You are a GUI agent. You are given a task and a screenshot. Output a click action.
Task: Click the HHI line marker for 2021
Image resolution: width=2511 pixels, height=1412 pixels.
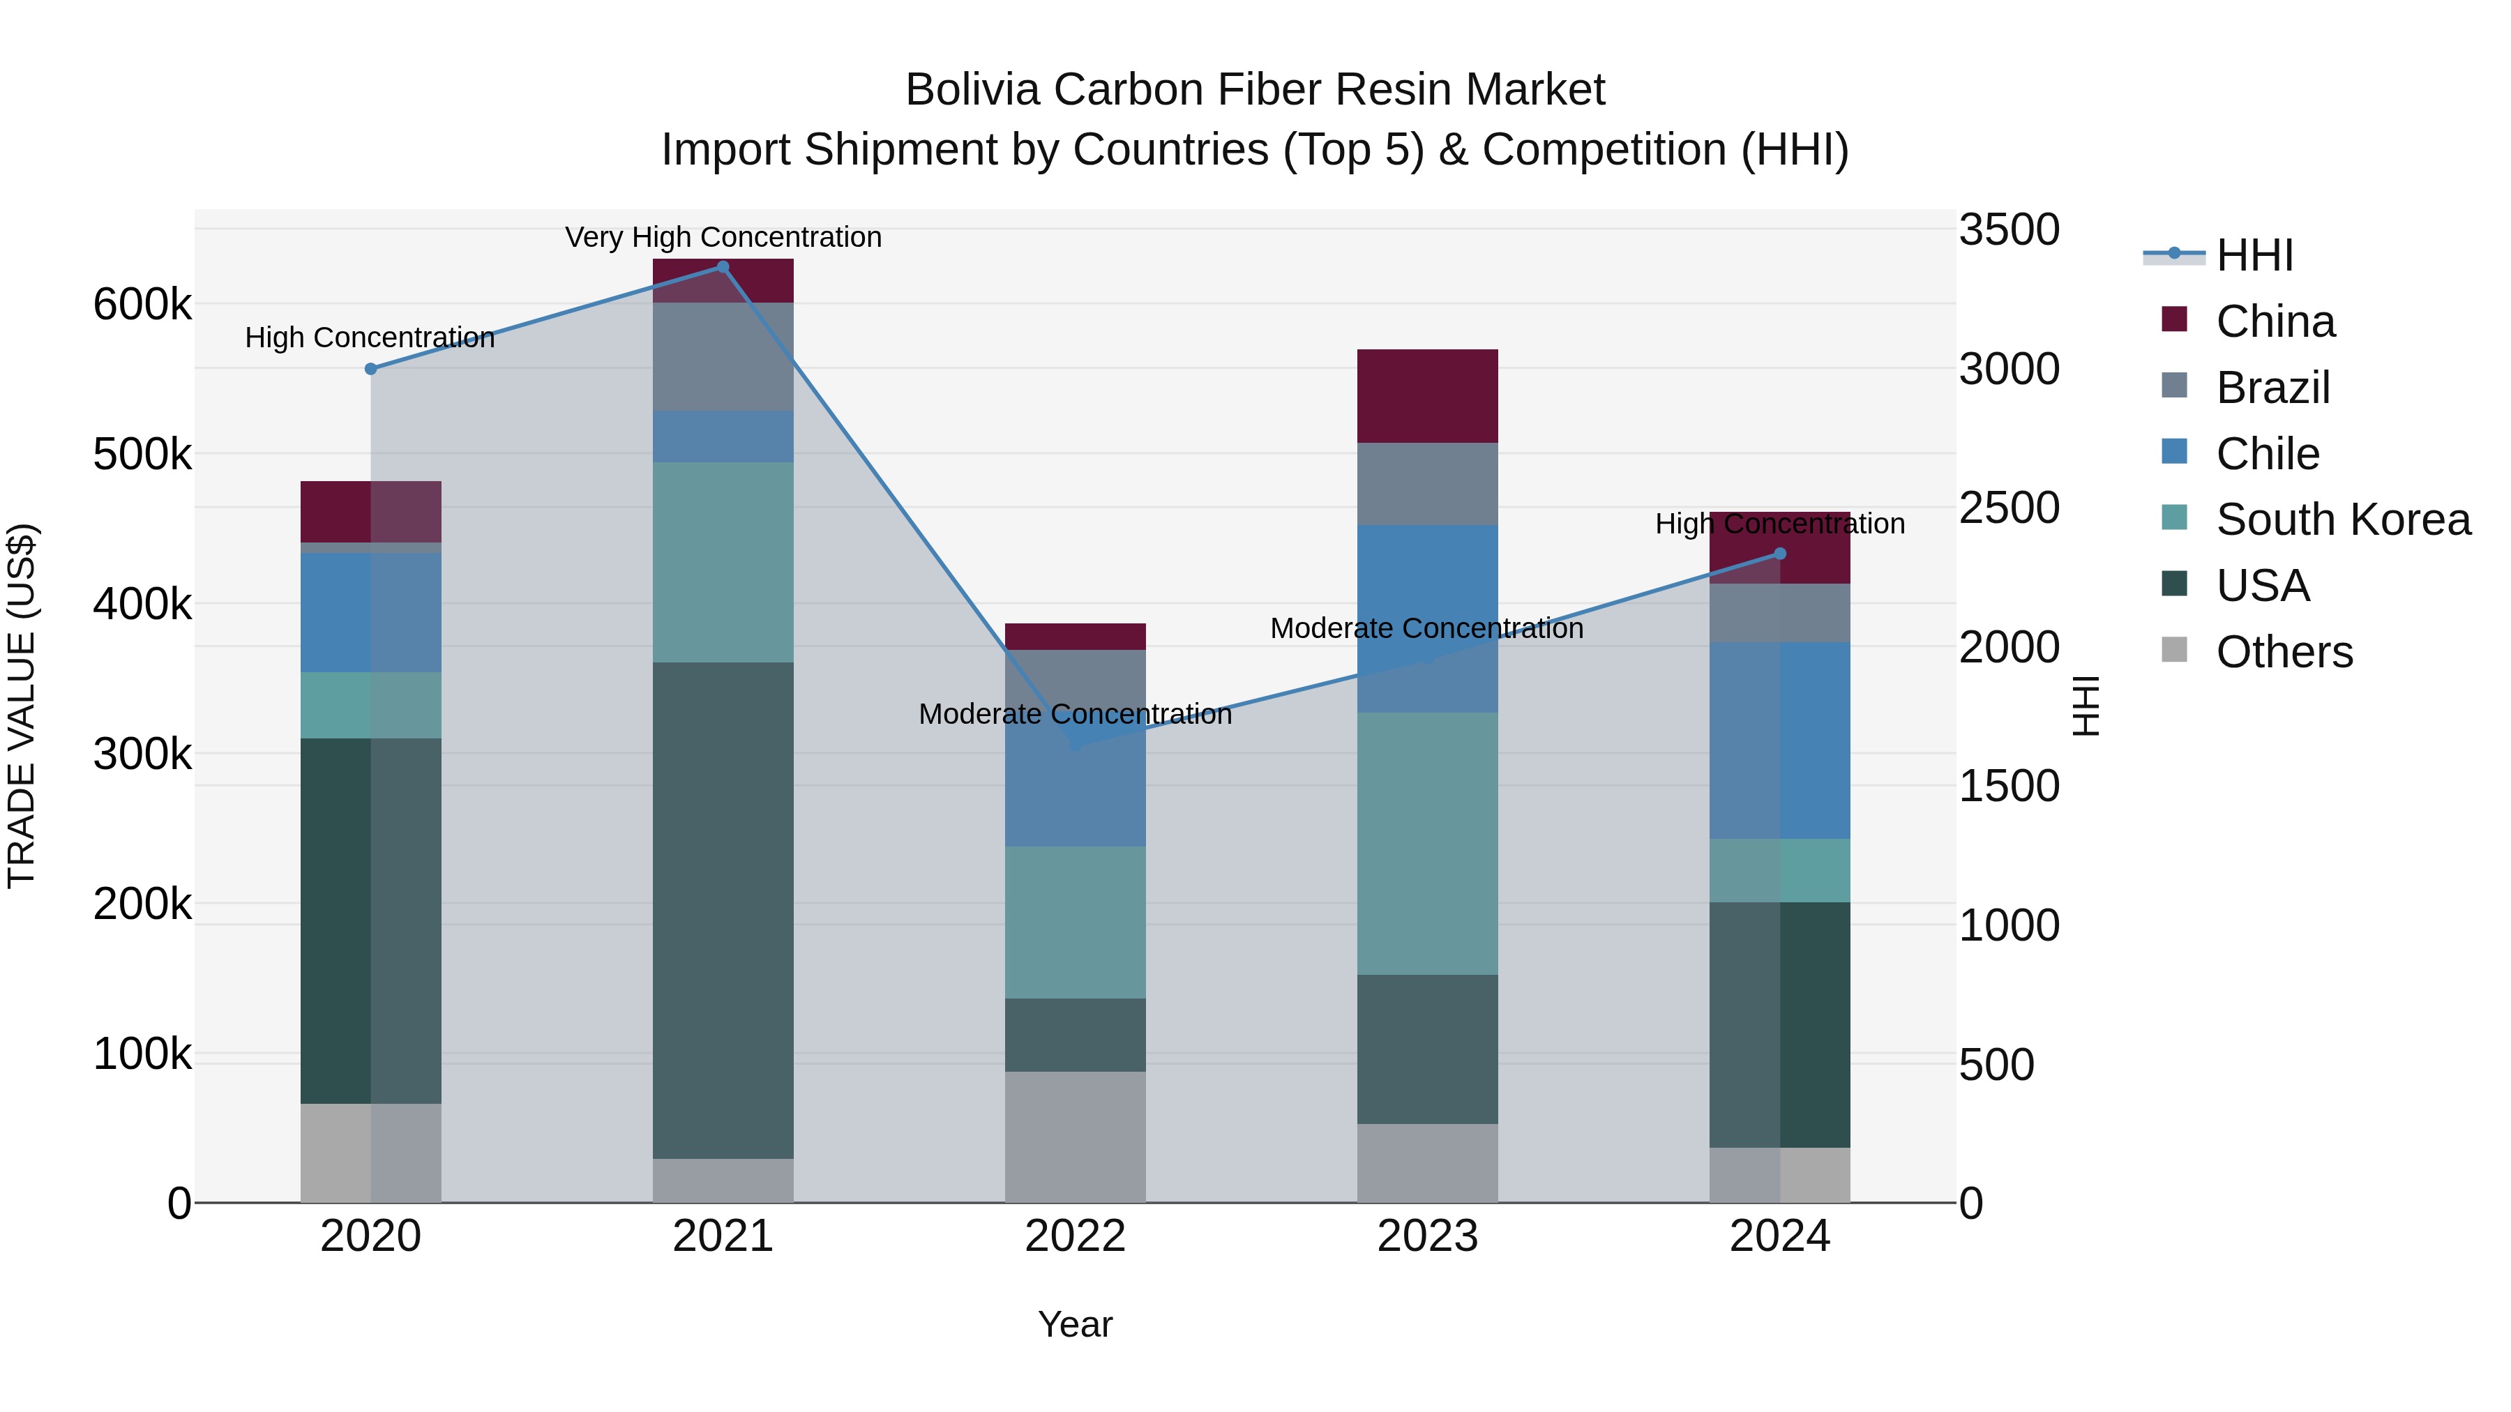click(x=723, y=267)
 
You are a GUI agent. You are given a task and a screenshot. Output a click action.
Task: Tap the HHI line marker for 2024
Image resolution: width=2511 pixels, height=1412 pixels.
click(x=1780, y=554)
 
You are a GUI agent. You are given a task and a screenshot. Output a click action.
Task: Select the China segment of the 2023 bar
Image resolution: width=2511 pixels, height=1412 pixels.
click(x=1427, y=395)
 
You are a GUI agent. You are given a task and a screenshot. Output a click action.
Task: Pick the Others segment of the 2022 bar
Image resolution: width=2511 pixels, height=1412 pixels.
click(x=1075, y=1137)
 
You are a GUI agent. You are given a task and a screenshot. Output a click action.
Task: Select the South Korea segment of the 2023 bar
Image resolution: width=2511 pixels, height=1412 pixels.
click(x=1427, y=843)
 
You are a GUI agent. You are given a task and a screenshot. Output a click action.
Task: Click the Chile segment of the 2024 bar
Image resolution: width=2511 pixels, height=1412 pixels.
click(x=1780, y=740)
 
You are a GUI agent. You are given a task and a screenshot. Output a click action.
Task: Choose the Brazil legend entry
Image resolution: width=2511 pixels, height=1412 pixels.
click(x=2272, y=387)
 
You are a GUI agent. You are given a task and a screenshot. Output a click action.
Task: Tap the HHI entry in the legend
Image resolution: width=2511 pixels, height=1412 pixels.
click(x=2254, y=255)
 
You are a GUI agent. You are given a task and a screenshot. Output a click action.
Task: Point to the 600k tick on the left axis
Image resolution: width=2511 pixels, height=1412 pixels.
click(x=142, y=304)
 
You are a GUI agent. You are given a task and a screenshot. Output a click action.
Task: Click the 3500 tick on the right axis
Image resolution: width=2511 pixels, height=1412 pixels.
click(x=2009, y=230)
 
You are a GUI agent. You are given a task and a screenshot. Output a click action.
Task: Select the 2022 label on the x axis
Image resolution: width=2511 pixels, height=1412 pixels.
click(x=1075, y=1236)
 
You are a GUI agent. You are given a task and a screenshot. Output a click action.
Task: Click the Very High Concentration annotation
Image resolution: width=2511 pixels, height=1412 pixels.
click(x=723, y=237)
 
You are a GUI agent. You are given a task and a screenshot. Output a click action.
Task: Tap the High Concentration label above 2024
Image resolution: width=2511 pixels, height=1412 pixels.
click(x=1780, y=523)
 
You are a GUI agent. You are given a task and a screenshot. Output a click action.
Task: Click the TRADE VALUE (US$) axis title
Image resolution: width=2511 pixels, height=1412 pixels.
click(x=22, y=706)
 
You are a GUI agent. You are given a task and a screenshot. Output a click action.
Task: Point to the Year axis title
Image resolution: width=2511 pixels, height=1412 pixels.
click(x=1075, y=1324)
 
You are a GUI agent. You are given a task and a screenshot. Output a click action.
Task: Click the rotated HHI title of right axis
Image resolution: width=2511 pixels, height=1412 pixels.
click(x=2085, y=706)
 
